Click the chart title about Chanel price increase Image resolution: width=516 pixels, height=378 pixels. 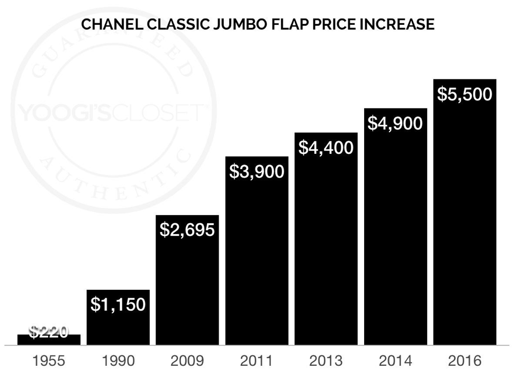[x=257, y=24]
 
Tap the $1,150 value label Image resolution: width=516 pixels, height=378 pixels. [x=118, y=305]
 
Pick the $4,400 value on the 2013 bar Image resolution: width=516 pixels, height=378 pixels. [x=326, y=147]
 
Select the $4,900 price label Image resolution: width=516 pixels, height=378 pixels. [x=395, y=123]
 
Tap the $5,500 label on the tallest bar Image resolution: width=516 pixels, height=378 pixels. [x=465, y=94]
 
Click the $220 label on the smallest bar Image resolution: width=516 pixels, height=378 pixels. [x=48, y=332]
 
